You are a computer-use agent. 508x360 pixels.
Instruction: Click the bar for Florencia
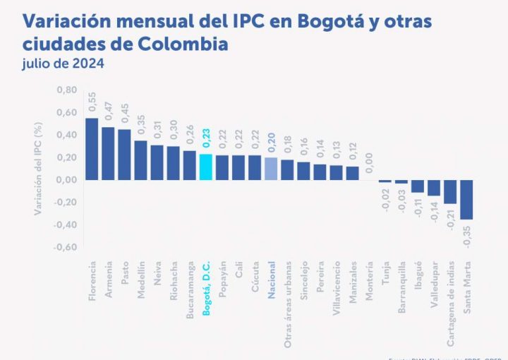(x=92, y=148)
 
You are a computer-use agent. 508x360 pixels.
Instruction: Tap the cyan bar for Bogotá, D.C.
(x=206, y=167)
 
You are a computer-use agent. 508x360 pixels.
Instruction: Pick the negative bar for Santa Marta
(x=466, y=199)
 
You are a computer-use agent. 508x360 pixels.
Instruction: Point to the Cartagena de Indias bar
(x=450, y=191)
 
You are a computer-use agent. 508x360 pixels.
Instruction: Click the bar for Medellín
(x=140, y=160)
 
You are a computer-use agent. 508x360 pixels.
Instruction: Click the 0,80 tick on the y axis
(x=67, y=90)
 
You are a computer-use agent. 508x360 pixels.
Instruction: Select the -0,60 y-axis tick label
(x=66, y=247)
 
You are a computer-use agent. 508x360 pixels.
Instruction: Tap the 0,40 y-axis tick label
(x=67, y=135)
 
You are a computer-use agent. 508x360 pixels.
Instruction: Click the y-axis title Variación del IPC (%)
(x=40, y=169)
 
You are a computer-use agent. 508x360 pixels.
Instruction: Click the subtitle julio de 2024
(x=63, y=64)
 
